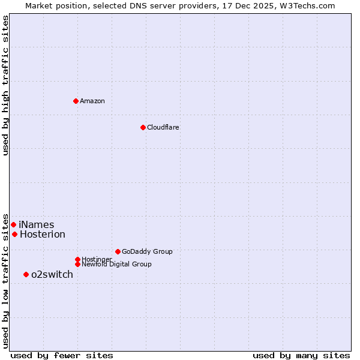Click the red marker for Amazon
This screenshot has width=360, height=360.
pos(76,101)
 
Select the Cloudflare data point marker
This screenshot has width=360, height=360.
pos(143,127)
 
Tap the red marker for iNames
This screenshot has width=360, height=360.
pos(13,224)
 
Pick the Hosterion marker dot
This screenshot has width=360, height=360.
pos(14,234)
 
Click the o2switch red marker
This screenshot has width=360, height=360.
pos(26,274)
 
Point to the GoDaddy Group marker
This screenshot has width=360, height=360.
pos(118,251)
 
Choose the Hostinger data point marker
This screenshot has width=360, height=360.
pos(77,259)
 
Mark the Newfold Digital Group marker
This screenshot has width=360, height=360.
pos(77,264)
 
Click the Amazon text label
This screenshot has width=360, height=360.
pos(92,101)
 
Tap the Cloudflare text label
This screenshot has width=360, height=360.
pos(163,127)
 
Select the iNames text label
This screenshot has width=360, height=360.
pos(37,225)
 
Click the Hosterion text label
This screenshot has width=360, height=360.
pos(43,235)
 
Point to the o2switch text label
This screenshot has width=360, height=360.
pos(52,275)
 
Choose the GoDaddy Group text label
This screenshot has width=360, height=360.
pos(147,251)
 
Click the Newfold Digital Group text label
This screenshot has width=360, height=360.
pos(116,264)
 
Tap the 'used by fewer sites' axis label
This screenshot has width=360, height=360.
pos(62,355)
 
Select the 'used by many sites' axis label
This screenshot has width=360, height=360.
pos(301,355)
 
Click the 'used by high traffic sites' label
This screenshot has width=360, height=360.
pos(5,85)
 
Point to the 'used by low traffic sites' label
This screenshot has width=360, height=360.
pos(5,280)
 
